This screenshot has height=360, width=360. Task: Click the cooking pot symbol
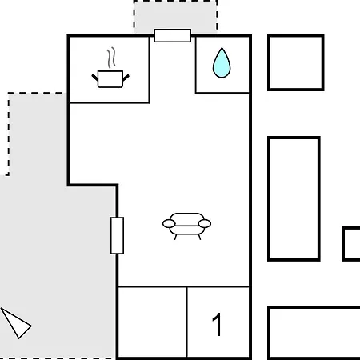pos(110,79)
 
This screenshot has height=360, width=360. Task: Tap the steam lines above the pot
pos(112,58)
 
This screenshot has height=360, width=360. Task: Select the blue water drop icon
pos(222,63)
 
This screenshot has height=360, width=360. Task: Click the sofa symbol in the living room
pos(186,226)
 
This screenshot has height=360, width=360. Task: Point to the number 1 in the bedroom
pos(217,325)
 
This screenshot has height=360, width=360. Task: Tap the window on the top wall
pos(173,36)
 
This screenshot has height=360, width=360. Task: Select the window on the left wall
pos(117,236)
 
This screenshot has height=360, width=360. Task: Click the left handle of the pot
pos(94,77)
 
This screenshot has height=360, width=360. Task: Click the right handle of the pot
pos(126,78)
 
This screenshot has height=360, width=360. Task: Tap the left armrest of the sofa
pos(169,223)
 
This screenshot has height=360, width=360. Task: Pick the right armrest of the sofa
pos(205,223)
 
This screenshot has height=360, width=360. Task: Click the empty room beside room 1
pos(152,322)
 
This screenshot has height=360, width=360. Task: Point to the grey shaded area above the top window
pos(175,15)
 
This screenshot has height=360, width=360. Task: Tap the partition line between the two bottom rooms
pos(187,322)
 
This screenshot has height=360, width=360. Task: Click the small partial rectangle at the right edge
pos(343,244)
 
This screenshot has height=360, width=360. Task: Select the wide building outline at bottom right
pos(269,334)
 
